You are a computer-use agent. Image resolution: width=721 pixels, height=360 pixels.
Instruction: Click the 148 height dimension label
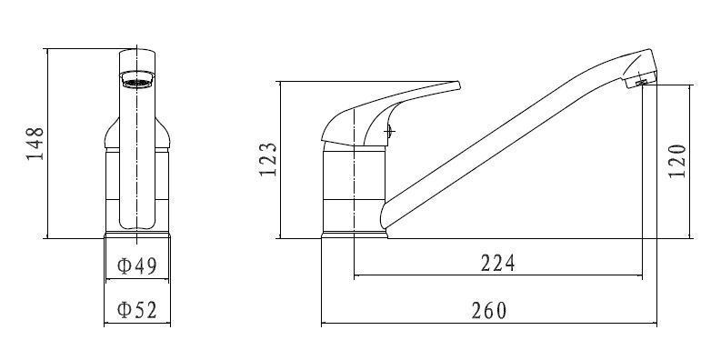pos(35,144)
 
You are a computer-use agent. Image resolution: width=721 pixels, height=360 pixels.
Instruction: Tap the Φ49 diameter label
pos(137,265)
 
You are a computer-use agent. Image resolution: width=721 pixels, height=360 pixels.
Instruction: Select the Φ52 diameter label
pos(137,310)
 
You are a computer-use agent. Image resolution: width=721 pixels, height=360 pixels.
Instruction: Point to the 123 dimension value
pos(268,159)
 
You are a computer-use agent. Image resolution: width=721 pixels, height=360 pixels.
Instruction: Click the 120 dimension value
pos(676,162)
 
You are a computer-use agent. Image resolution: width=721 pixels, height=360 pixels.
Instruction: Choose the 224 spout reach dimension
pos(498,264)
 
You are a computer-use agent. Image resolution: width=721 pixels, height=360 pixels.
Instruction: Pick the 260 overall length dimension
pos(489,311)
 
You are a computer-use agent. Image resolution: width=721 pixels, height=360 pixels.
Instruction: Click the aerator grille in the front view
pos(137,83)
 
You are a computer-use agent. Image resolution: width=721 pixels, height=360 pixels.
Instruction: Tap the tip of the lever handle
pos(458,85)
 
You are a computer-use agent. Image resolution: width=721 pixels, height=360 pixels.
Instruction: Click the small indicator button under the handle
pos(389,132)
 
